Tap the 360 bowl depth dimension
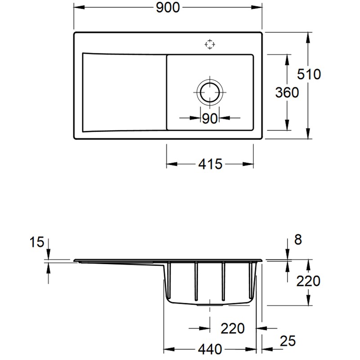pos(287,92)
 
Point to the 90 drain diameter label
pos(210,118)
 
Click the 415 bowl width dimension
pos(210,164)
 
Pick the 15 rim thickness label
pos(37,243)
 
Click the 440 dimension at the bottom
pos(210,349)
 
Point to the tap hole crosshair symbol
pos(209,44)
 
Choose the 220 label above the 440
pos(232,328)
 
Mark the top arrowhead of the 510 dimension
pos(308,37)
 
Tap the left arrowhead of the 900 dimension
pos(77,7)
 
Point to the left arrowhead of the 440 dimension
pos(166,349)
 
